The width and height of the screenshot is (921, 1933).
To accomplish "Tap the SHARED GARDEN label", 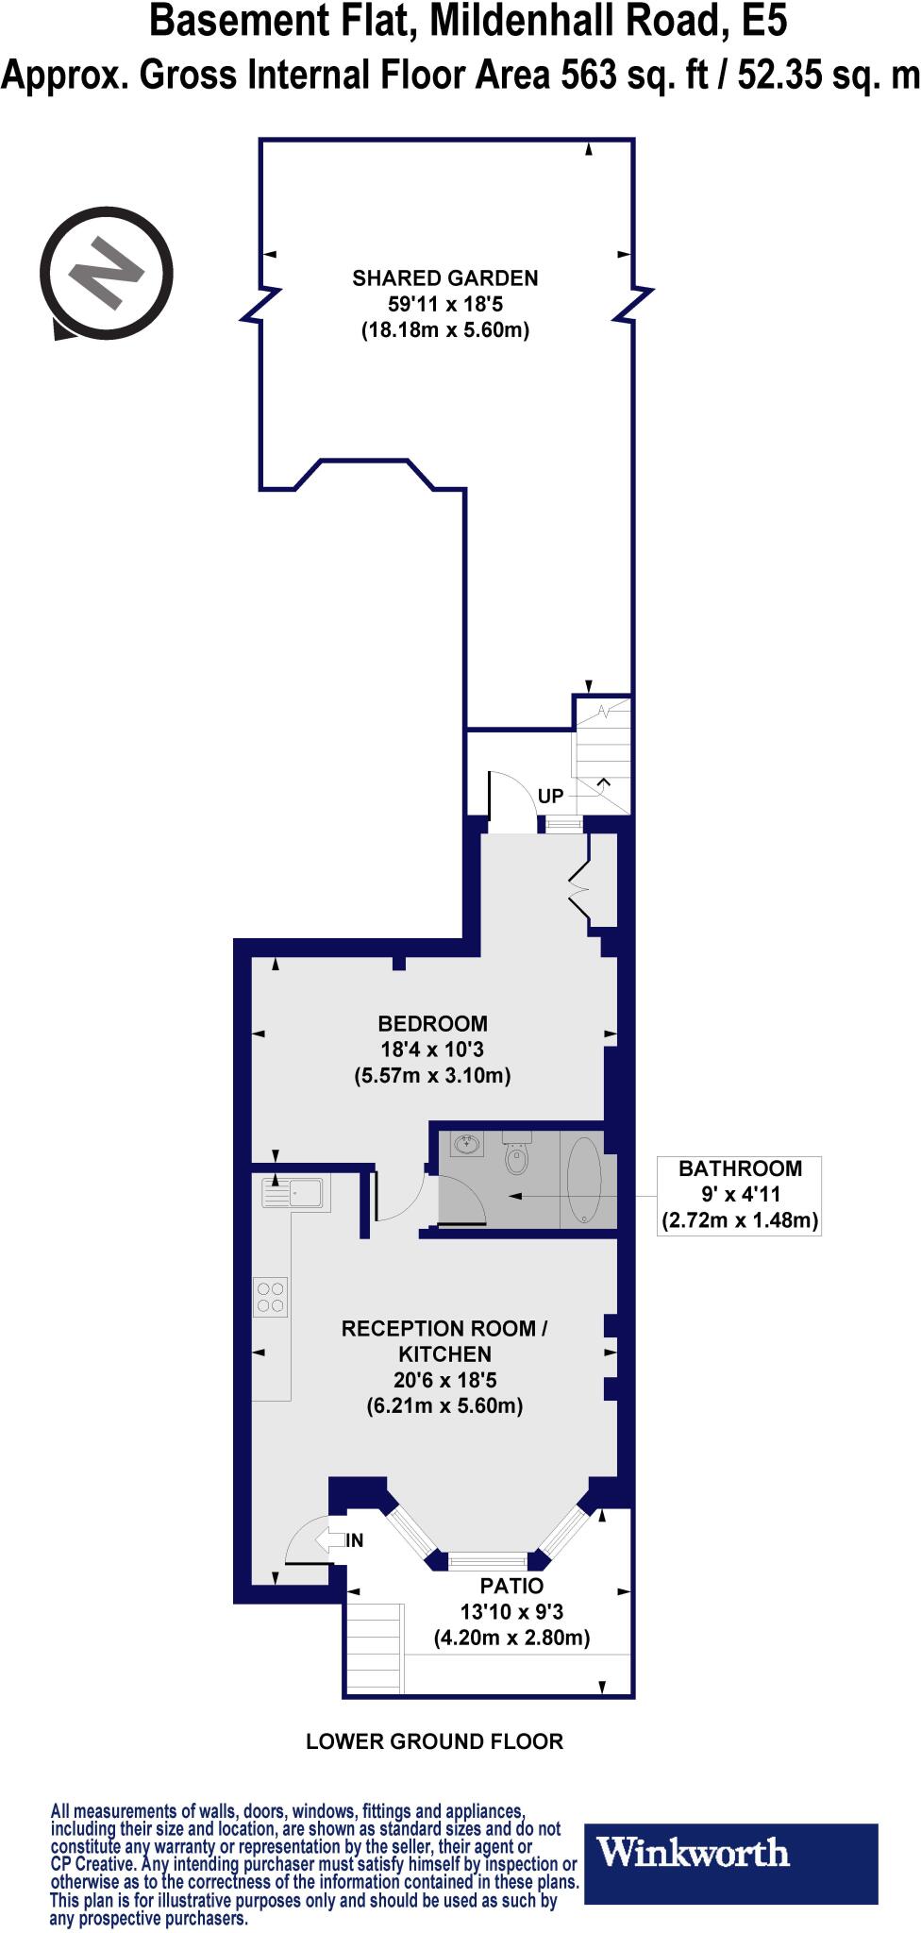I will pos(444,278).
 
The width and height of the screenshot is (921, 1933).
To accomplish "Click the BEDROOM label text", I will pos(432,1023).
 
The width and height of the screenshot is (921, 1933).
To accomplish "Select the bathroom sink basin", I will pos(467,1146).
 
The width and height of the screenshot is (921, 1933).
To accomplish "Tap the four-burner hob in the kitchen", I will pos(271,1296).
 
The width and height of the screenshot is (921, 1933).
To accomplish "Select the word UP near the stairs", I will pos(550,797).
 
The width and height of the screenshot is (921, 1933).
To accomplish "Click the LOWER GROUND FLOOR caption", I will pos(434,1741).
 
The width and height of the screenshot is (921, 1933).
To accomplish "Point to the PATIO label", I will pos(511,1586).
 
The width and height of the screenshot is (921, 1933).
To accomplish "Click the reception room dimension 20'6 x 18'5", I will pos(444,1380).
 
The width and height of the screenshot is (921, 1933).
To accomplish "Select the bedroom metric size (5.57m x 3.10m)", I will pos(432,1076).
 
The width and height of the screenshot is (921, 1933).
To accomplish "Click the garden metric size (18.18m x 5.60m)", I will pos(444,331).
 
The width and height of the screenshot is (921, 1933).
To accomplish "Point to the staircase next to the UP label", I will pos(603,755).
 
